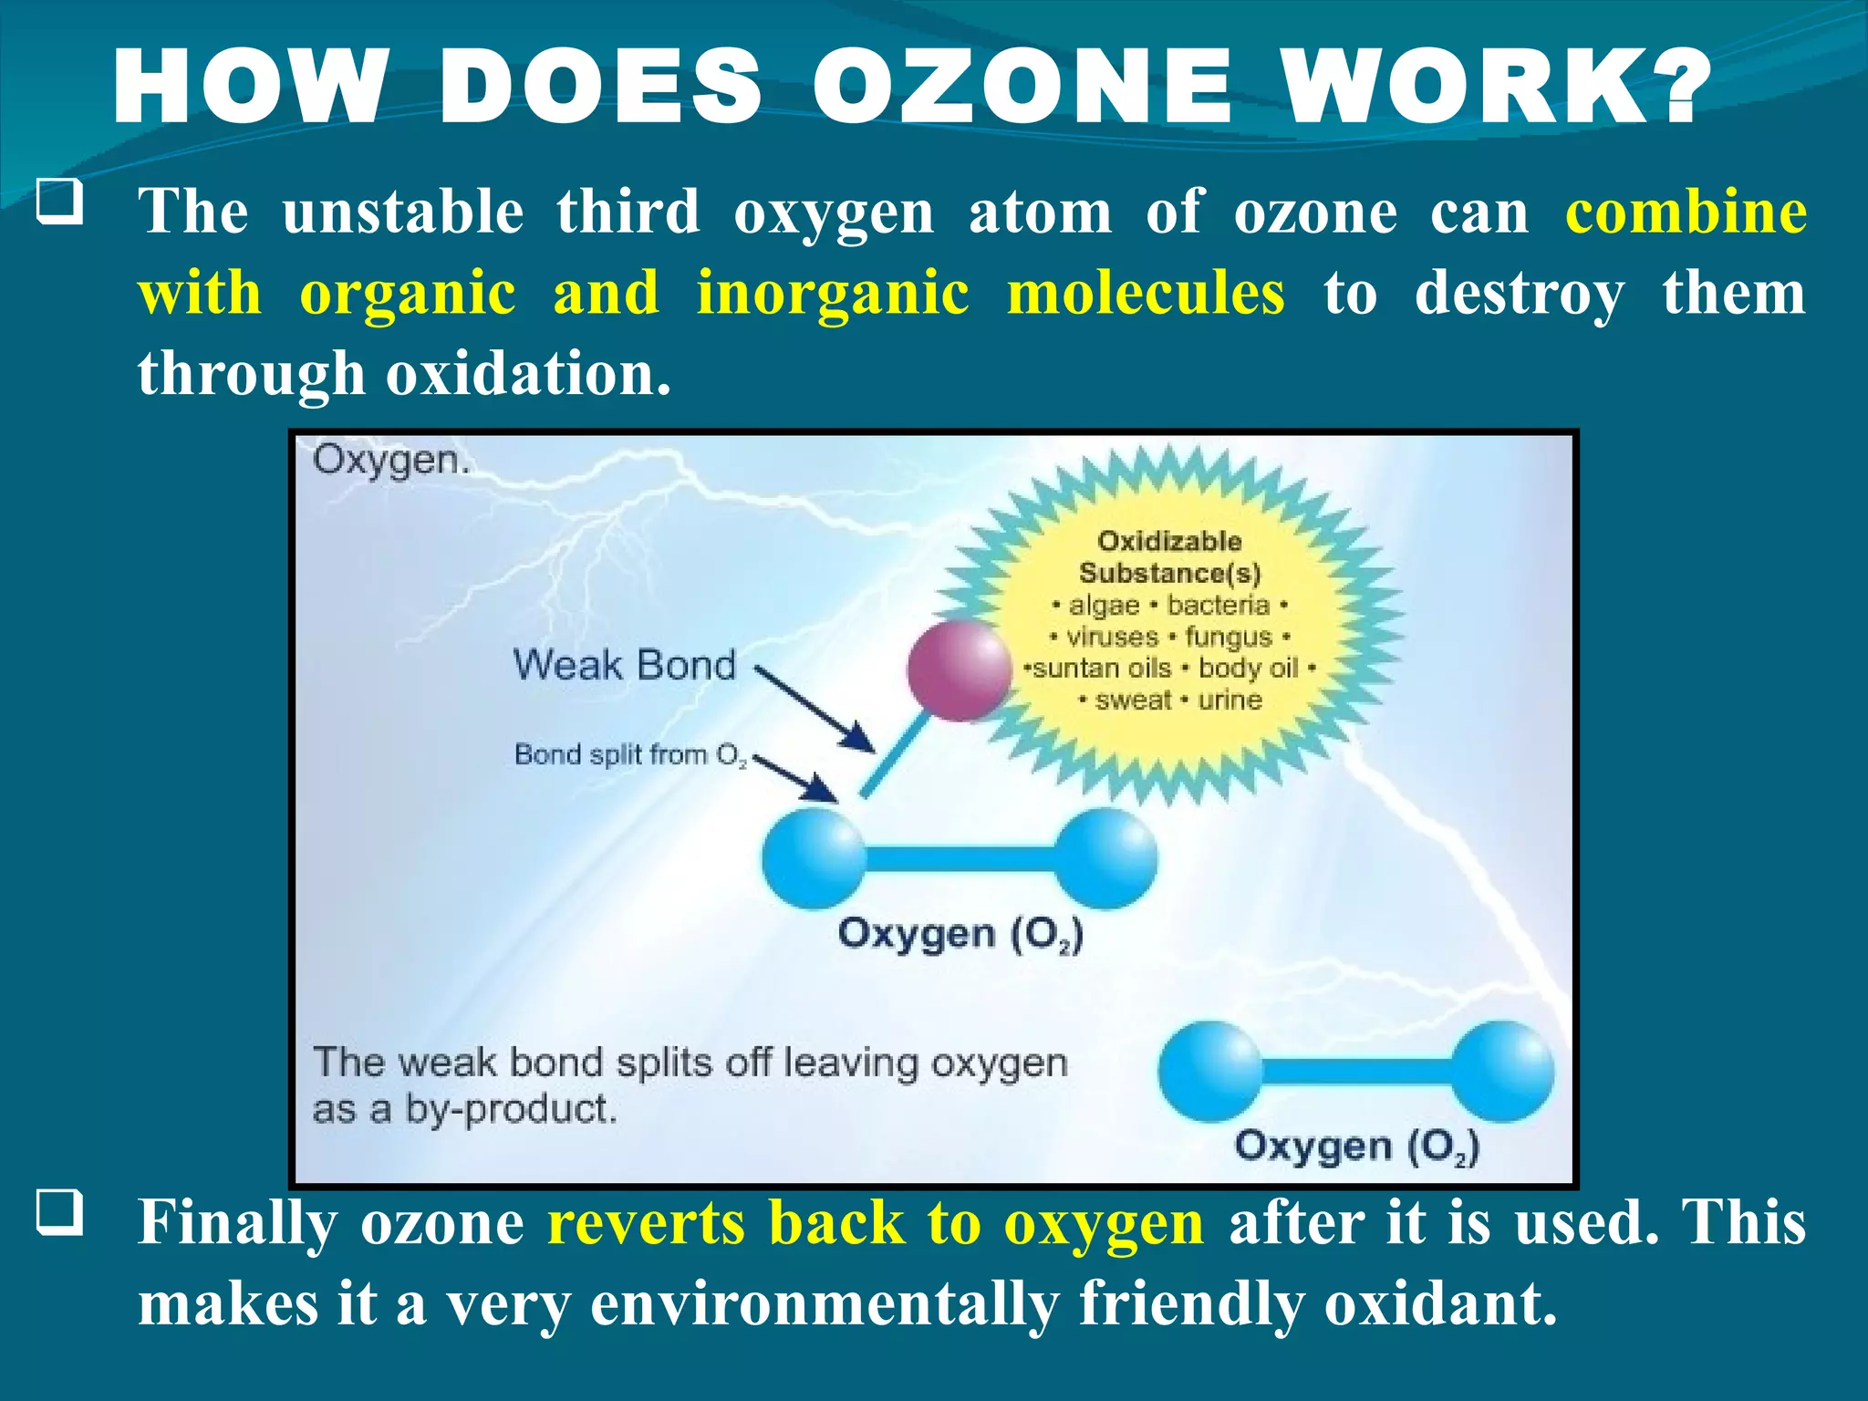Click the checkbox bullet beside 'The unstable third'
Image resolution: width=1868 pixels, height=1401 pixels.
click(x=60, y=202)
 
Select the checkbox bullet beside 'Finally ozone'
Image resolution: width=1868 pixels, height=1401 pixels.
click(x=60, y=1213)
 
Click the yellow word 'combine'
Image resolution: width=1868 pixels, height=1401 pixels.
click(x=1686, y=212)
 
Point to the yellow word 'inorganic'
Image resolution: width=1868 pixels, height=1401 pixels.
click(x=832, y=294)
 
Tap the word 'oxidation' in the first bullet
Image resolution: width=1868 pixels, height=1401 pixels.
click(x=527, y=374)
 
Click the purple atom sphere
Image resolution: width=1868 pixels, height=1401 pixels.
click(x=960, y=670)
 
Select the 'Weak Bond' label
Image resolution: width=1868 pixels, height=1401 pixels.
click(x=624, y=664)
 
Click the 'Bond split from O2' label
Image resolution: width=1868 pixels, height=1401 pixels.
click(x=629, y=755)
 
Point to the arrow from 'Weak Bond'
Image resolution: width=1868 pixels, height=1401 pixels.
click(x=815, y=710)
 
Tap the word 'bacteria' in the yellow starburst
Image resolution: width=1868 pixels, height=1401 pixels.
click(x=1219, y=606)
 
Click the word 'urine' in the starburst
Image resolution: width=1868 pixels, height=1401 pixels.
click(x=1230, y=700)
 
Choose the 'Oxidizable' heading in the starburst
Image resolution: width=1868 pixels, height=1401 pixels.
click(x=1169, y=541)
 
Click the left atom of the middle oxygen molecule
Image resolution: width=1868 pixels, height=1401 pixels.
click(x=814, y=857)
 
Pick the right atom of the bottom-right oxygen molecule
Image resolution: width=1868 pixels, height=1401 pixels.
click(x=1502, y=1071)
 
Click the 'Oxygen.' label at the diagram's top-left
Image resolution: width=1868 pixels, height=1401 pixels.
click(x=390, y=460)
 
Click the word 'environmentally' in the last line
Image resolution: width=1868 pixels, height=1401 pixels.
click(x=825, y=1304)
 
